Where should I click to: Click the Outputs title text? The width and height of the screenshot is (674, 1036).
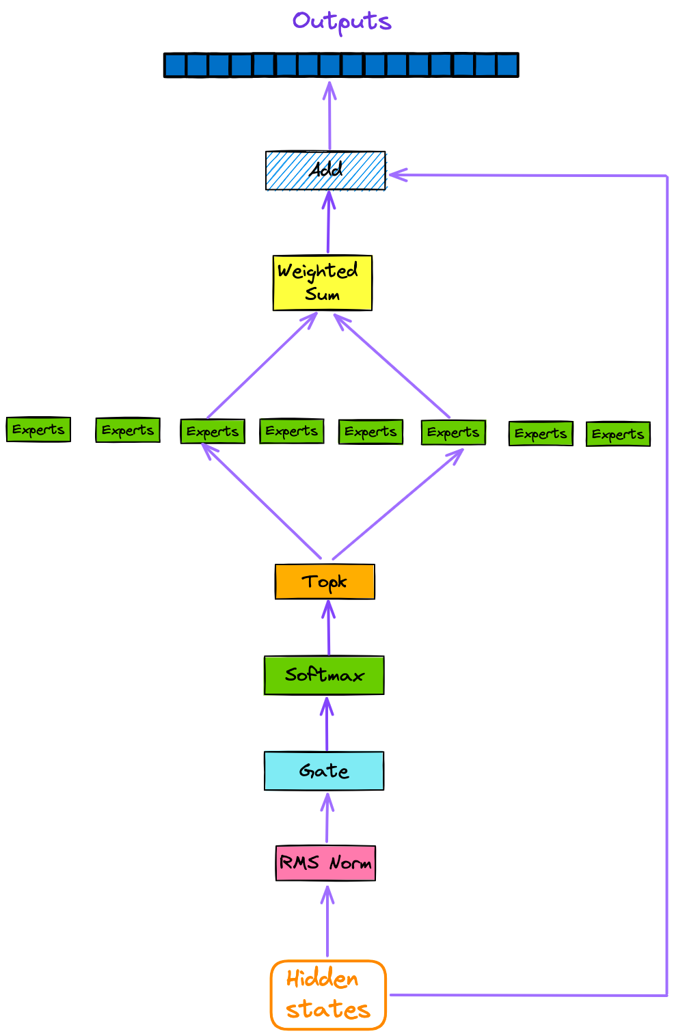pos(342,22)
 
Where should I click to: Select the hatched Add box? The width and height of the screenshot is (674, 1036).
pos(325,170)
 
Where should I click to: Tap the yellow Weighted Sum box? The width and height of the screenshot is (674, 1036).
pos(323,283)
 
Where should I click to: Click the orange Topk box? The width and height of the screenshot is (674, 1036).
pos(325,582)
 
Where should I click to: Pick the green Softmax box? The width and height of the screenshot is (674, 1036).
pos(324,675)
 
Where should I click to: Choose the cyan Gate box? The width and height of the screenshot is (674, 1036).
pos(324,771)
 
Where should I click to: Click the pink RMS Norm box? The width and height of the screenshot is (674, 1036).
pos(325,863)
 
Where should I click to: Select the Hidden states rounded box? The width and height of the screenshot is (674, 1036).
pos(328,995)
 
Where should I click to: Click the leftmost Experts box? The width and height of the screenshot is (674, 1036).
pos(38,430)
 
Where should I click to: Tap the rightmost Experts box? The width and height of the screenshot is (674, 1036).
pos(618,434)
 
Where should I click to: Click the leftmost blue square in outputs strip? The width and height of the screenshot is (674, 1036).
pos(176,66)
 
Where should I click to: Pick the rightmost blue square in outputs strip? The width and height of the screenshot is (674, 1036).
pos(507,66)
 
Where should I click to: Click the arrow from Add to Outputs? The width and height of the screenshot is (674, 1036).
pos(329,116)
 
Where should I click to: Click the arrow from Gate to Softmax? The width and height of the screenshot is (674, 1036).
pos(327,724)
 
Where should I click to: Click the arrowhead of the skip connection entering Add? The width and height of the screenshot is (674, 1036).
pos(396,175)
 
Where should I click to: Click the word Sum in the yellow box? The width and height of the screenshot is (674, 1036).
pos(323,295)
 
